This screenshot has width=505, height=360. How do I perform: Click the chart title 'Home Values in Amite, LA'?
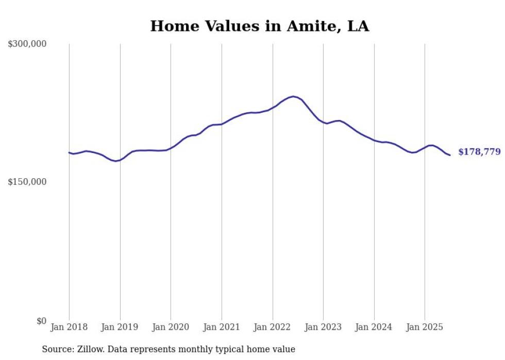(x=259, y=26)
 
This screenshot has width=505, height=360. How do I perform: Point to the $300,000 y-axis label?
(x=27, y=44)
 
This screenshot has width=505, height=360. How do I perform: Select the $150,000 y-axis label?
(x=27, y=182)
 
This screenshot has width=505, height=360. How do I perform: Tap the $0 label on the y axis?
(x=41, y=321)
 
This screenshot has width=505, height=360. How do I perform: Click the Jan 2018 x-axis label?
(x=69, y=327)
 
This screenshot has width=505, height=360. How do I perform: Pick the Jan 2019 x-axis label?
(x=120, y=327)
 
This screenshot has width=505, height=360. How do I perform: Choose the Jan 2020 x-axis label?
(x=171, y=327)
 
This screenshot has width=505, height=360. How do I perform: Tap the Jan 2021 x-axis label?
(x=222, y=327)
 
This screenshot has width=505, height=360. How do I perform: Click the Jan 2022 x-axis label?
(x=273, y=327)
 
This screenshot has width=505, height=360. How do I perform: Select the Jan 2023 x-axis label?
(x=323, y=327)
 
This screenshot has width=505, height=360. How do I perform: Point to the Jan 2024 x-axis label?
(x=374, y=327)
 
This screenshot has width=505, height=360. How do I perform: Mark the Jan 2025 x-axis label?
(x=425, y=327)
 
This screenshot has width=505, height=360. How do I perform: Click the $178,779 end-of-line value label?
(x=479, y=152)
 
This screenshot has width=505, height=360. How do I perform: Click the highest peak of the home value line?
(x=293, y=96)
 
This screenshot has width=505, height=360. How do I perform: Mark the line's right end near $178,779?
(x=450, y=155)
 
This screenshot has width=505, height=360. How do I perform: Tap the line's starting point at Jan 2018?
(x=69, y=152)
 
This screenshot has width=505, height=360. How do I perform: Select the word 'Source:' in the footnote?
(x=58, y=350)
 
